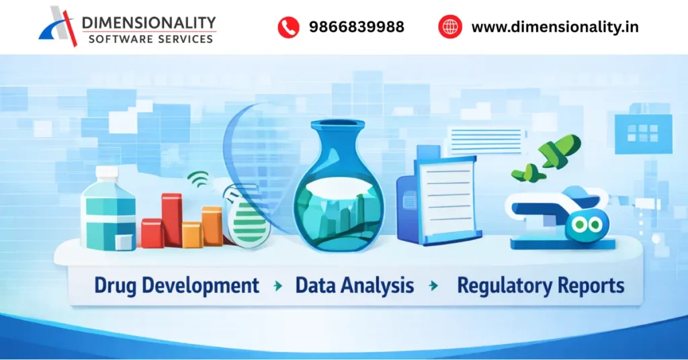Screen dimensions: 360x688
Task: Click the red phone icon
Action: [288, 27]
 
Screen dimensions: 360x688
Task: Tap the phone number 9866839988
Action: [356, 27]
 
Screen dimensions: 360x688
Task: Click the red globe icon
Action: [450, 27]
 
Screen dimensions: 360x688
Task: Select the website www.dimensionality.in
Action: [555, 27]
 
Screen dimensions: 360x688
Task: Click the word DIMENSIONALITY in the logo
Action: [148, 23]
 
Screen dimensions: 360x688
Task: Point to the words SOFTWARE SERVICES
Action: [150, 39]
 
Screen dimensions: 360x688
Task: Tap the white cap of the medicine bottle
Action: [107, 173]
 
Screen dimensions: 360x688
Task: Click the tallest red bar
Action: [171, 218]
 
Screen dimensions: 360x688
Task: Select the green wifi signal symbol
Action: [198, 179]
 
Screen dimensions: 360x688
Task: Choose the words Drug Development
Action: [176, 285]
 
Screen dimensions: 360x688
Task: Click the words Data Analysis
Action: [354, 285]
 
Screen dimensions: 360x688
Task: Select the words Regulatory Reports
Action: [540, 285]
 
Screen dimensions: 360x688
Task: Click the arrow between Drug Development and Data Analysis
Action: [277, 286]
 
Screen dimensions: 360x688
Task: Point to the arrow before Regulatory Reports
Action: [434, 286]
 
